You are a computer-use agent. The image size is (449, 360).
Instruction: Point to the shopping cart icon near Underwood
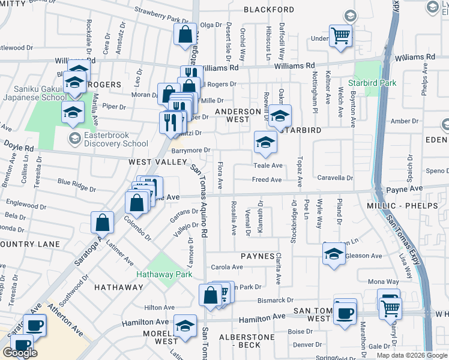point(340,36)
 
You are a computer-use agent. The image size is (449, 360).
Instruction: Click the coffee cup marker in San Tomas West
point(345,313)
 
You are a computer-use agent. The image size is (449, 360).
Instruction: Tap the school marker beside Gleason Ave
point(334,254)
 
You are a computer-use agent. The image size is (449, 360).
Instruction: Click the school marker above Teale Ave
point(265,142)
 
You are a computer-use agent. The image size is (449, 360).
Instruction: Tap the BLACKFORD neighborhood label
point(269,10)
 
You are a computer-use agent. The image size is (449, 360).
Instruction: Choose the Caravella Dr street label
point(336,178)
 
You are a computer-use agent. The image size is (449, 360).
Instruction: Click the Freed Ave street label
point(267,179)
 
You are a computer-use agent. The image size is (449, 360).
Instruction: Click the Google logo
point(20,353)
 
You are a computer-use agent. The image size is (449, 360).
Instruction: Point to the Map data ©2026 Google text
point(411,355)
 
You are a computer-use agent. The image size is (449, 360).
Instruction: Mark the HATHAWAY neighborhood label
point(119,287)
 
